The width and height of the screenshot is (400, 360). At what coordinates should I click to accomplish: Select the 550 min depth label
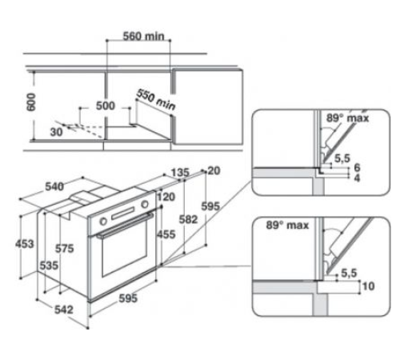[155, 98]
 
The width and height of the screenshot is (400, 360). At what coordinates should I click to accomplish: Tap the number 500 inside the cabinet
[105, 106]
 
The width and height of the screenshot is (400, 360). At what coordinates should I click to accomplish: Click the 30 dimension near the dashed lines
[55, 131]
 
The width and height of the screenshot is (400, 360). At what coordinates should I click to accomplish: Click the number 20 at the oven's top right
[213, 170]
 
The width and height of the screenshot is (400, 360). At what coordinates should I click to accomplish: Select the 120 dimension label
[166, 197]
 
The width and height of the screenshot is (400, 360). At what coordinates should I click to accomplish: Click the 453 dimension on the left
[26, 243]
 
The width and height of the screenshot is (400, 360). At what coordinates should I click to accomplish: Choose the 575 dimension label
[67, 249]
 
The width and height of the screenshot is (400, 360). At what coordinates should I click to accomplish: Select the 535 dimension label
[50, 265]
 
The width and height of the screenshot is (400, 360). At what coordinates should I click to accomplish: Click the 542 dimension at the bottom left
[64, 310]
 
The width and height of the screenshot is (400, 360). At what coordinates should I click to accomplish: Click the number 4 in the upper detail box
[357, 179]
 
